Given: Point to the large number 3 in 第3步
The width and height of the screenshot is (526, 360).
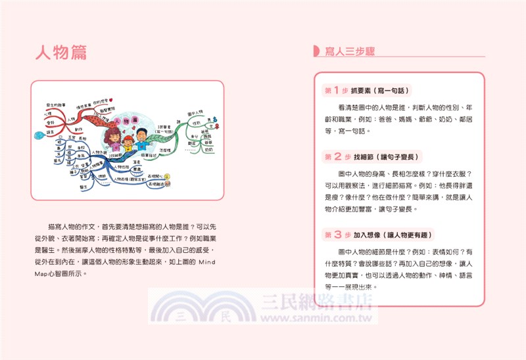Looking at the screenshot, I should click(336, 234).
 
